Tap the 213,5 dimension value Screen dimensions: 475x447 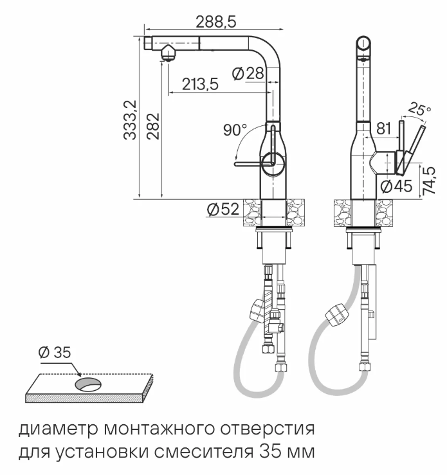tap(199, 84)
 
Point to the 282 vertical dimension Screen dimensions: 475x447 tap(153, 126)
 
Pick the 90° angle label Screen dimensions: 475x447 tap(235, 130)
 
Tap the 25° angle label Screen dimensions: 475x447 tap(420, 109)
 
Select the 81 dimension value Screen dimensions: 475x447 tap(383, 129)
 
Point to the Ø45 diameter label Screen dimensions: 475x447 tap(396, 186)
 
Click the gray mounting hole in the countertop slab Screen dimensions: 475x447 tap(88, 384)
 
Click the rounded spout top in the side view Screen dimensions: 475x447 tap(365, 46)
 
